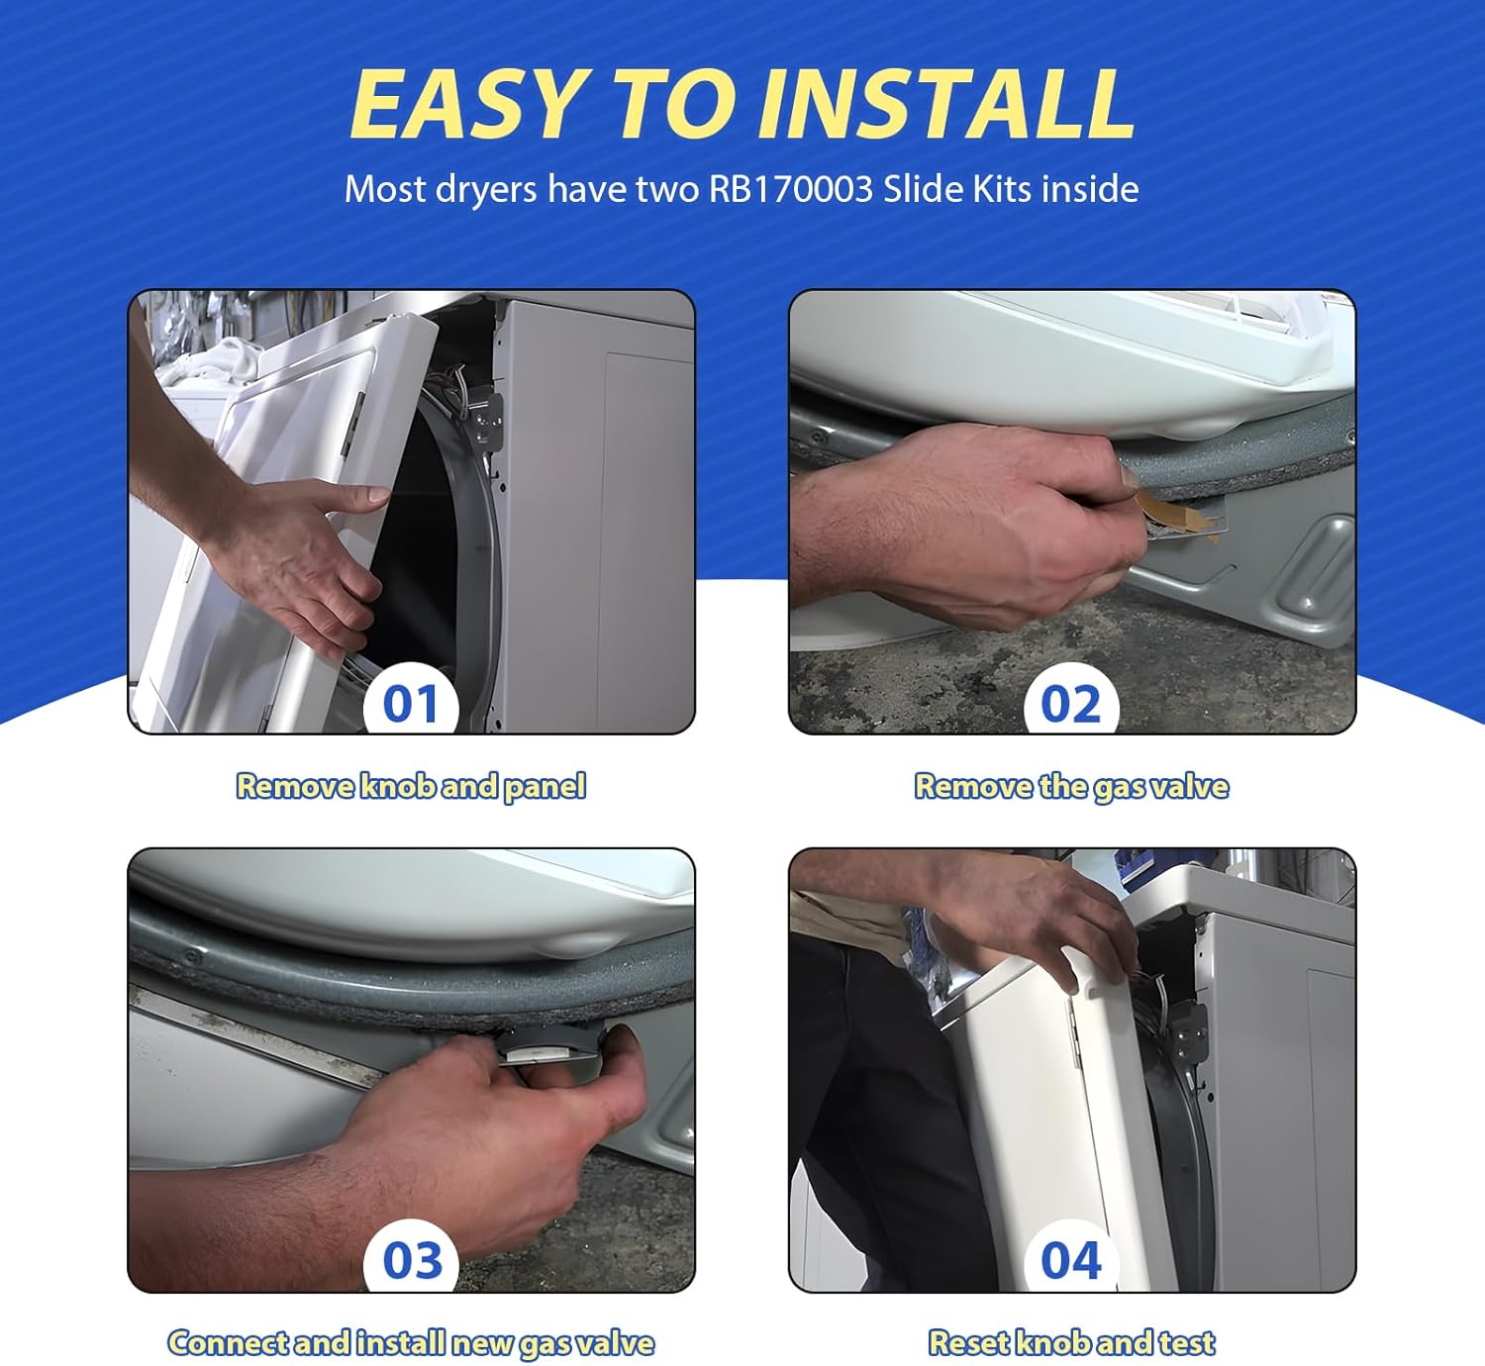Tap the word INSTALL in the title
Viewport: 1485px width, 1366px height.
(945, 105)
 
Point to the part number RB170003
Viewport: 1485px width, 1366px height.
(790, 188)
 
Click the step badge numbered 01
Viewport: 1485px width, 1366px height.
(410, 705)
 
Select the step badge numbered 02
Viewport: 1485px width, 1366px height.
(1070, 705)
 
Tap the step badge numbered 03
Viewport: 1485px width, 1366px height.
(410, 1261)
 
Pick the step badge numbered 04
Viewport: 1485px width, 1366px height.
(1070, 1261)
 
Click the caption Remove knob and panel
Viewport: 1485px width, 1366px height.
(410, 786)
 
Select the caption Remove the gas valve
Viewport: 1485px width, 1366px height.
(1071, 786)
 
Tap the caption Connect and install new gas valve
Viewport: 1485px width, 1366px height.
(410, 1342)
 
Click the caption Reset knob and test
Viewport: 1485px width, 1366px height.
(1071, 1342)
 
